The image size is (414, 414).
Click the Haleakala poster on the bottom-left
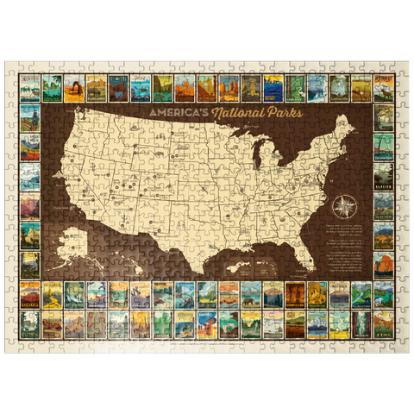click(x=32, y=294)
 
